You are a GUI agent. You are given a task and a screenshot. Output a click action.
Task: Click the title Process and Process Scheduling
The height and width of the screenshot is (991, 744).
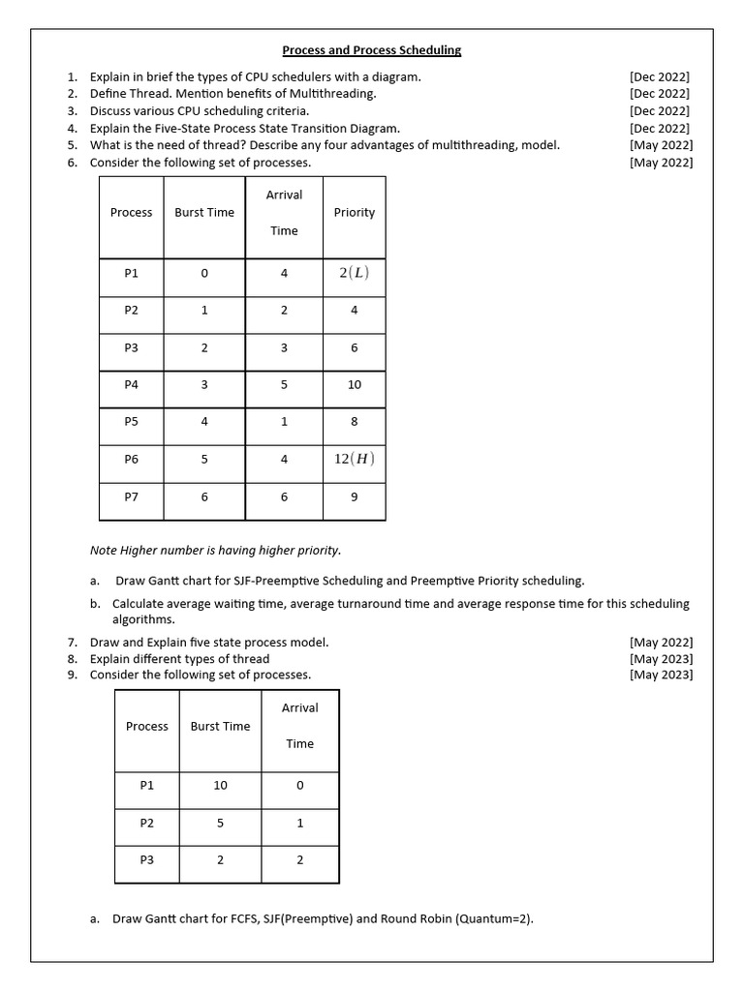pyautogui.click(x=372, y=49)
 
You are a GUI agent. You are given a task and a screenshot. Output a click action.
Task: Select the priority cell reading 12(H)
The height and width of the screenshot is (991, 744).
pyautogui.click(x=354, y=460)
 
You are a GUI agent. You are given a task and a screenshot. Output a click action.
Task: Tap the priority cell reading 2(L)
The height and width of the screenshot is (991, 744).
pyautogui.click(x=354, y=273)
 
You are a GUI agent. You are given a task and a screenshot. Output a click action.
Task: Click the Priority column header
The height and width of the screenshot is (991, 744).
pyautogui.click(x=354, y=213)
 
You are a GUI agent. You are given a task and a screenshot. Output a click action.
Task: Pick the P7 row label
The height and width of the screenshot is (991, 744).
pyautogui.click(x=132, y=496)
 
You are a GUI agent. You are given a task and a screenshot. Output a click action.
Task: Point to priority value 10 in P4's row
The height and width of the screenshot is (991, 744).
pyautogui.click(x=354, y=385)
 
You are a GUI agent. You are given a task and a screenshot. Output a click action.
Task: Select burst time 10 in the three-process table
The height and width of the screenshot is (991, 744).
pyautogui.click(x=220, y=785)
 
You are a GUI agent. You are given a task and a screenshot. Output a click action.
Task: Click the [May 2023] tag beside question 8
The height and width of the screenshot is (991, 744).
pyautogui.click(x=661, y=659)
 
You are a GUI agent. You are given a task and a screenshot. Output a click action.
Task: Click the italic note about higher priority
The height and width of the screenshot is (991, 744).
pyautogui.click(x=215, y=551)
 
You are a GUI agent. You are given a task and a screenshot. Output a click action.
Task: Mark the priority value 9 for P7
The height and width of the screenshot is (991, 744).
pyautogui.click(x=354, y=496)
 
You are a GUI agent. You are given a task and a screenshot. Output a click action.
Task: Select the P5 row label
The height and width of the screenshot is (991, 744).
pyautogui.click(x=132, y=422)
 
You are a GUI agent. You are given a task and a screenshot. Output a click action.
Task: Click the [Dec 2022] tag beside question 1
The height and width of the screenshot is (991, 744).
pyautogui.click(x=659, y=76)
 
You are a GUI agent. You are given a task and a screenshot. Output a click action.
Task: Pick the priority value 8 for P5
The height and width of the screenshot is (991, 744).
pyautogui.click(x=354, y=422)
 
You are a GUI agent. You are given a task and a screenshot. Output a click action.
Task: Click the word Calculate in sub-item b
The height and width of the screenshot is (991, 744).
pyautogui.click(x=141, y=604)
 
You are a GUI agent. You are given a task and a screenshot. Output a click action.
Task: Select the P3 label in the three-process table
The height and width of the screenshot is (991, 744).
pyautogui.click(x=147, y=859)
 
